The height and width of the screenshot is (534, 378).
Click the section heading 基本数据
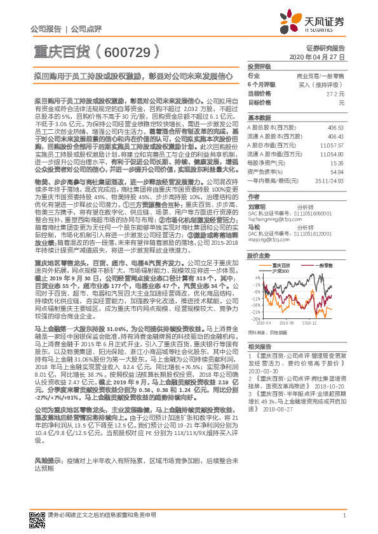tap(258, 119)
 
